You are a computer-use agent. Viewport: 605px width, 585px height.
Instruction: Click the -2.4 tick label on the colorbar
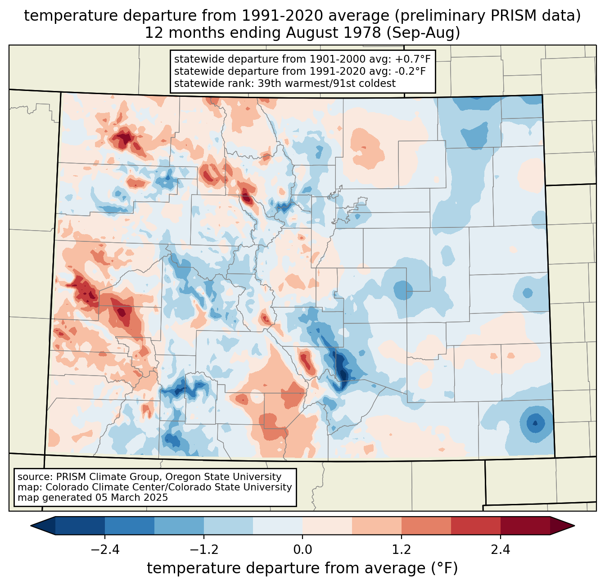pos(105,550)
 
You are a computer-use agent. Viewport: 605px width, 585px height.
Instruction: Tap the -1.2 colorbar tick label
pos(204,550)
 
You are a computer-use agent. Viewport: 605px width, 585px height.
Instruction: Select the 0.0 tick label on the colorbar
pos(302,550)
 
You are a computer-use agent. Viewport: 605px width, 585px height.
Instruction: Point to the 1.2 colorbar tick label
pos(402,550)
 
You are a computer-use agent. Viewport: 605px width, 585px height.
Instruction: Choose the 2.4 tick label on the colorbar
pos(500,550)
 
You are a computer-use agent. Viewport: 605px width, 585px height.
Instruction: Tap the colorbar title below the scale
pos(302,568)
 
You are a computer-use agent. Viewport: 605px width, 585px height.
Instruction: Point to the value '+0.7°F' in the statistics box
pos(413,59)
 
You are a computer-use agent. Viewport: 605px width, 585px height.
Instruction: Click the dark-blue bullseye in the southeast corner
pos(535,423)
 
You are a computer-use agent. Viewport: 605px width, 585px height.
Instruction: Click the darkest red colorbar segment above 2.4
pos(525,526)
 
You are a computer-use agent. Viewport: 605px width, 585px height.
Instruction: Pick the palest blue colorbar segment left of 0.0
pos(278,526)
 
